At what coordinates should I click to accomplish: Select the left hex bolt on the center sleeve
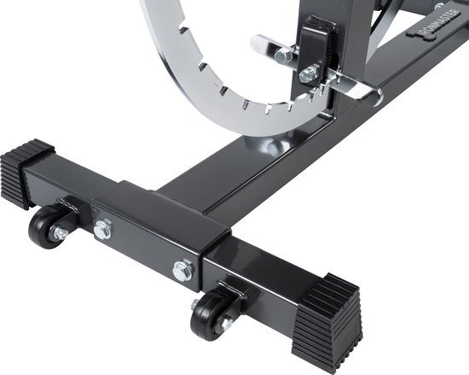point(103,229)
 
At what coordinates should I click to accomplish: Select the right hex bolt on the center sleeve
point(182,271)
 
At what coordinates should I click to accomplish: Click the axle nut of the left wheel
point(61,232)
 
